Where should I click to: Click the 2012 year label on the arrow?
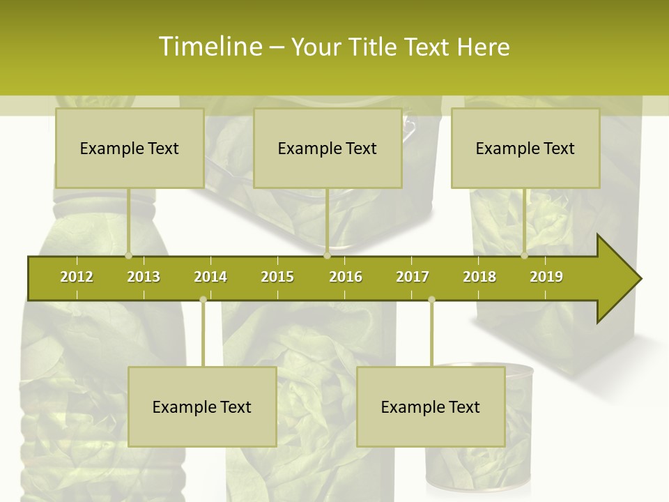coord(77,277)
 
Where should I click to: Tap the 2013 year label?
coord(144,277)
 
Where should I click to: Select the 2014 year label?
coord(210,277)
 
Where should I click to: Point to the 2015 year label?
coord(277,277)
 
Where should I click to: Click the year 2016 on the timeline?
coord(346,277)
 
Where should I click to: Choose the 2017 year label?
coord(413,277)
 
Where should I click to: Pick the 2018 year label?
coord(479,277)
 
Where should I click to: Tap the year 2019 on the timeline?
coord(546,277)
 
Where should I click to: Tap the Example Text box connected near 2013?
coord(130,149)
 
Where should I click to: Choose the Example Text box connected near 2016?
coord(328,149)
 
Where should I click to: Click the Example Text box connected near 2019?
coord(525,149)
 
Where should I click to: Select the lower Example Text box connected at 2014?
coord(202,407)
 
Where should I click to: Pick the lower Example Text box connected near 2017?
coord(431,407)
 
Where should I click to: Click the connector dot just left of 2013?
coord(128,256)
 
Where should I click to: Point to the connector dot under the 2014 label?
coord(203,300)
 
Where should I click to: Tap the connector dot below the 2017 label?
coord(431,300)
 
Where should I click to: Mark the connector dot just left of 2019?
coord(524,256)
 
